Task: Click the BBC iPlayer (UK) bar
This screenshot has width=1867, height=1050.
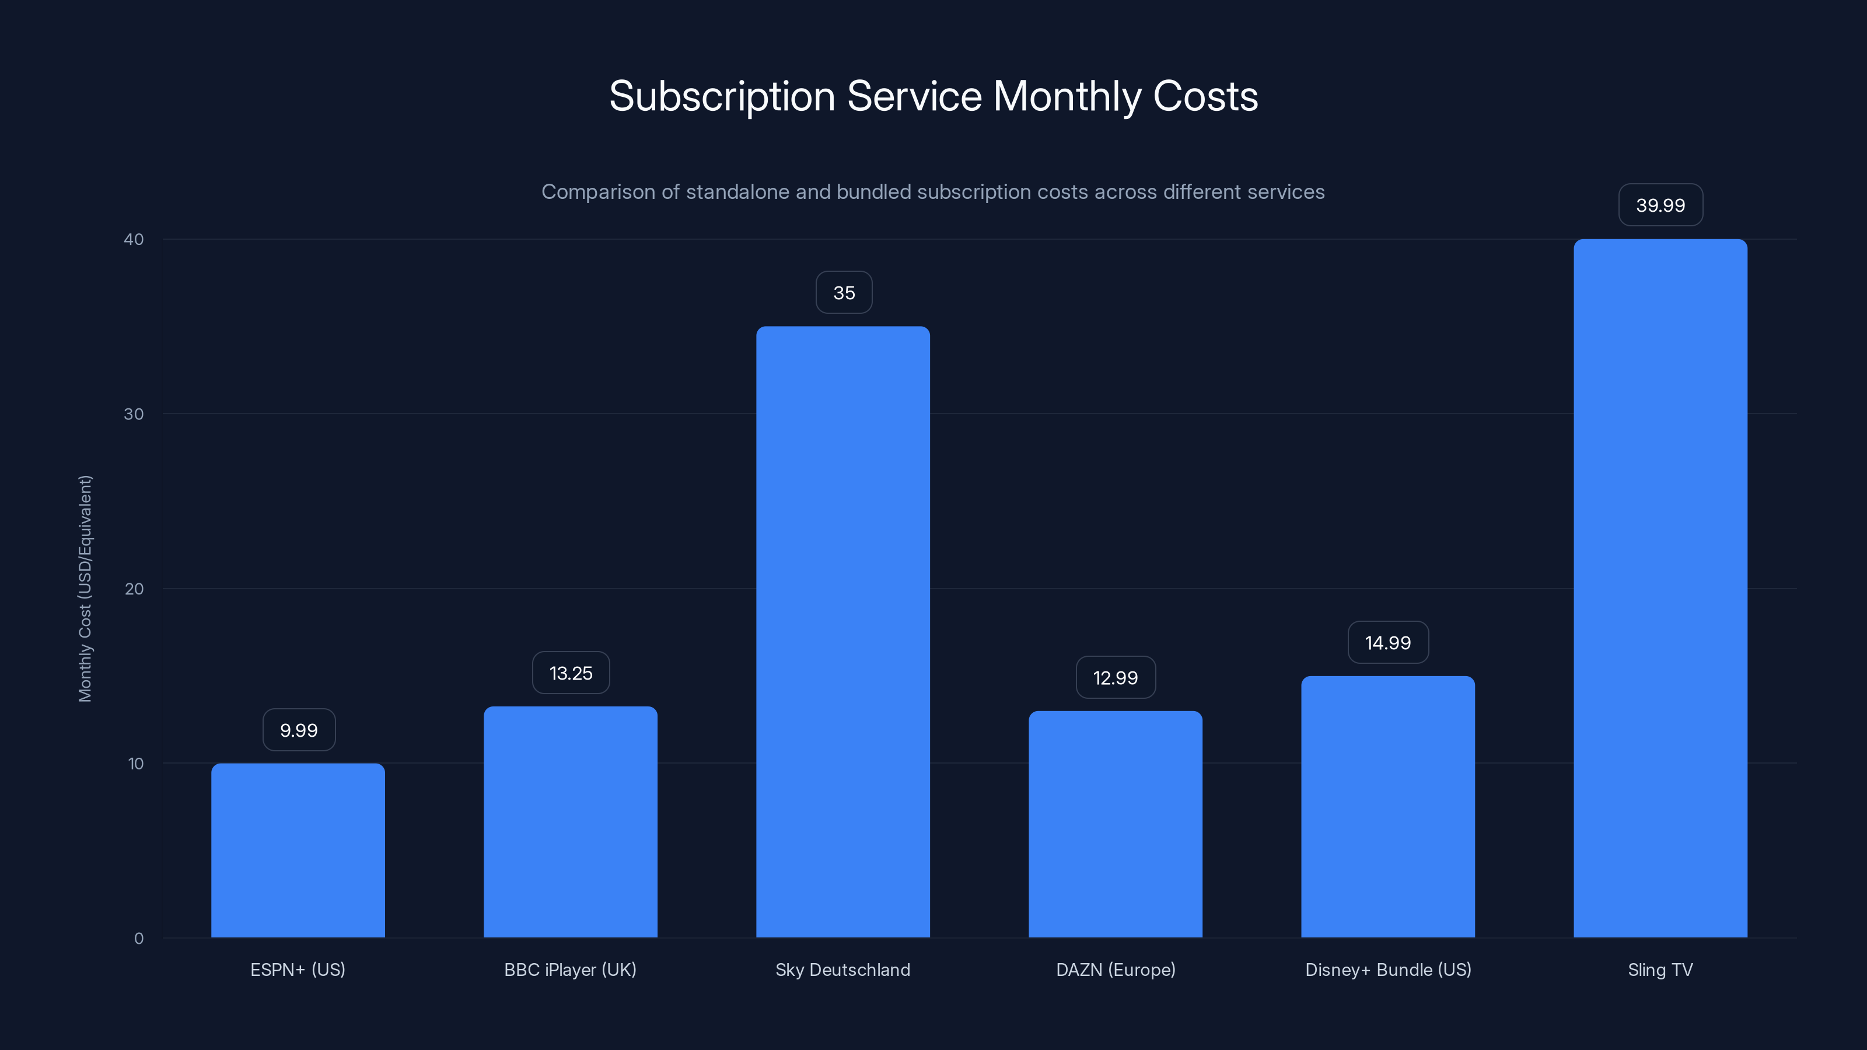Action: click(571, 822)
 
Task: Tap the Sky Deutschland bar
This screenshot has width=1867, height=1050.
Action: click(843, 632)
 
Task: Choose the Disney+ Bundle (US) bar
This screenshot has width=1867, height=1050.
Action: click(1388, 807)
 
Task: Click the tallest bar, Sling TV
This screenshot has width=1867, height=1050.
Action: click(1660, 589)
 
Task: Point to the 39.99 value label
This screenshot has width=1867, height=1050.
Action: click(1660, 205)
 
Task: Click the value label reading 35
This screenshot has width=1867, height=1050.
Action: click(844, 293)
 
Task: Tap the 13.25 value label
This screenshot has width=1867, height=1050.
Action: click(571, 673)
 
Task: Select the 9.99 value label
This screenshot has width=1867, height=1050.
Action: click(299, 730)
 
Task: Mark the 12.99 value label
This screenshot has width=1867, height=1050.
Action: click(1116, 677)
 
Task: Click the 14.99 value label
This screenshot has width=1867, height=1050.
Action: click(1388, 643)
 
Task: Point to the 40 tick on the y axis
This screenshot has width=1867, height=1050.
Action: click(134, 239)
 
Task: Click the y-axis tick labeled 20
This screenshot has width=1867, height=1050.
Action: click(134, 589)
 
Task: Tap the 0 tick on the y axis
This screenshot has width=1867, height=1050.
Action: click(138, 939)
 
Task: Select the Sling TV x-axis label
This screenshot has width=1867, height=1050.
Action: click(1660, 970)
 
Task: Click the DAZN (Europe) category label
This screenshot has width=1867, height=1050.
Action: click(1116, 970)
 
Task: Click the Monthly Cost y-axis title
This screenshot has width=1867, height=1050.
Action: click(85, 589)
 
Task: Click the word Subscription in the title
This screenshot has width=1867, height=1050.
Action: click(722, 97)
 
